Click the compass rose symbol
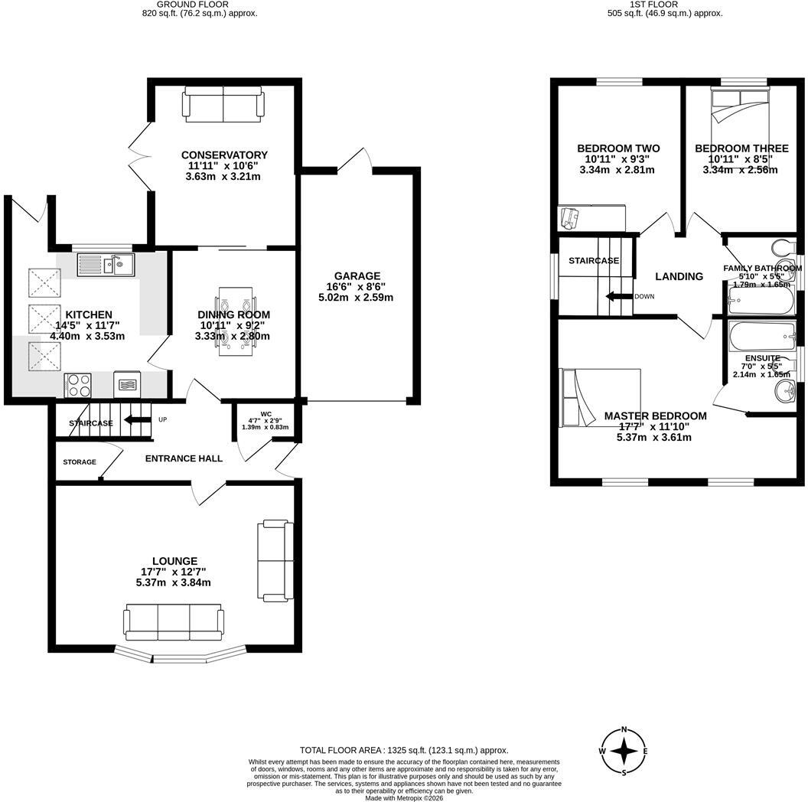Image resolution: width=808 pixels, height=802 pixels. pos(624,751)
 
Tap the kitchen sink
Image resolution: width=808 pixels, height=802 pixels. pos(106,265)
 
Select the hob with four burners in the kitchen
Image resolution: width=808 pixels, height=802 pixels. pos(78,385)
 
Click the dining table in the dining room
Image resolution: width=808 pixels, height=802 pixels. pos(236,321)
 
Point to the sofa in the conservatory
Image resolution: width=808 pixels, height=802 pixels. pos(223,105)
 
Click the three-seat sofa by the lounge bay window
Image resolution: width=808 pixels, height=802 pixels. pos(174,622)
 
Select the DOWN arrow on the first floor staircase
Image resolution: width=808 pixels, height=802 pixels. pos(619,296)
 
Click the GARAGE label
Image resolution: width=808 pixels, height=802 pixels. pos(357,275)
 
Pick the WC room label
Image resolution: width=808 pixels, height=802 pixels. pos(266,414)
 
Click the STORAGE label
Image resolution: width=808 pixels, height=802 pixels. pos(80,461)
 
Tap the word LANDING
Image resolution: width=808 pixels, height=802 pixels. pos(679,276)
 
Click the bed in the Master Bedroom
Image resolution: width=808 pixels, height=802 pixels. pos(601,397)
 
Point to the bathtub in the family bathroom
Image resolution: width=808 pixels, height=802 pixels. pos(761,300)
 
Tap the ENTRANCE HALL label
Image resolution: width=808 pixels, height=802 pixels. pos(184,458)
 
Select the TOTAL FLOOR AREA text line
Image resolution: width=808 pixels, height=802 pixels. pos(404,751)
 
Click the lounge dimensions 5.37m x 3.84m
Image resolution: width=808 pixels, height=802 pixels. pos(173,582)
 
